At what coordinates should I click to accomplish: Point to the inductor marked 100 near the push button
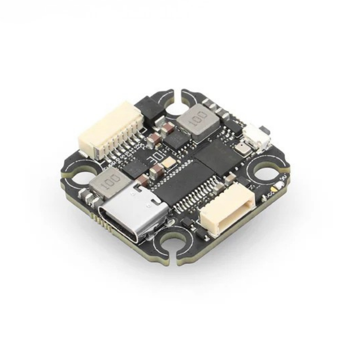(x=199, y=120)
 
